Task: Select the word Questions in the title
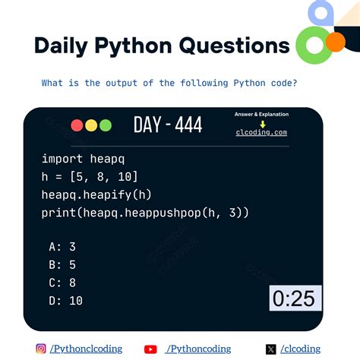(234, 46)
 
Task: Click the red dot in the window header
(77, 125)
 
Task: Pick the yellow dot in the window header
(91, 125)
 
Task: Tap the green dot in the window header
(105, 125)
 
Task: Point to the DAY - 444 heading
(168, 125)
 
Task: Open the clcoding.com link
(261, 132)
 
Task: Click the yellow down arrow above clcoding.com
(262, 124)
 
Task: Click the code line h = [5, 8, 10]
(90, 176)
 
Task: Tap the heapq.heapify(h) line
(96, 194)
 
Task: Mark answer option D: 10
(65, 301)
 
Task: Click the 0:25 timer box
(294, 298)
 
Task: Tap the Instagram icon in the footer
(41, 349)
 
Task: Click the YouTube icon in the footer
(150, 349)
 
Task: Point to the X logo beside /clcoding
(271, 349)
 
